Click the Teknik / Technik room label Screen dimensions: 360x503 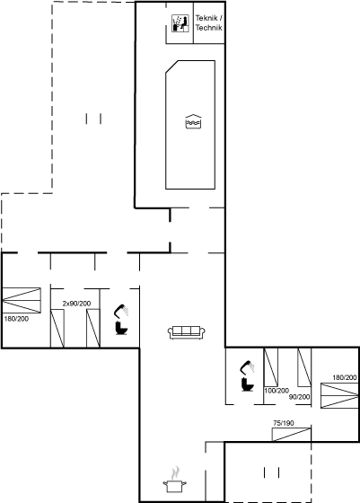208,22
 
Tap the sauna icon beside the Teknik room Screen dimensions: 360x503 180,23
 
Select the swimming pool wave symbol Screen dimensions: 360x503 193,121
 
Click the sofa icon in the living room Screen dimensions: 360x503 187,332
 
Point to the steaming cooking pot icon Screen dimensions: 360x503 175,481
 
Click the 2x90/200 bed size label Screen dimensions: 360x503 76,304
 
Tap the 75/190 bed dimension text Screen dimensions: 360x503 284,423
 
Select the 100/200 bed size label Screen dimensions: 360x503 277,391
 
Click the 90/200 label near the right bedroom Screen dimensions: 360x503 300,397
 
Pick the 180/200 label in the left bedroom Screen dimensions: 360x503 16,319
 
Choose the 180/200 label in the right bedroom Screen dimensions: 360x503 345,377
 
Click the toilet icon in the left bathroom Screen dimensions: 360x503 121,328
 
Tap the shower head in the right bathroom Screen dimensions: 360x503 247,367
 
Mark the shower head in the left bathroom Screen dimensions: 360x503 121,311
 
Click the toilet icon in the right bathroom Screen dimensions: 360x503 248,384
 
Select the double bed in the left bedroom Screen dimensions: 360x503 22,300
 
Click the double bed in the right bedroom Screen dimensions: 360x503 339,395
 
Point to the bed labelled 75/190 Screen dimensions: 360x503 292,435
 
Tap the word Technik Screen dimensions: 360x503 208,28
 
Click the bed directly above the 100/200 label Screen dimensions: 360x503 271,367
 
